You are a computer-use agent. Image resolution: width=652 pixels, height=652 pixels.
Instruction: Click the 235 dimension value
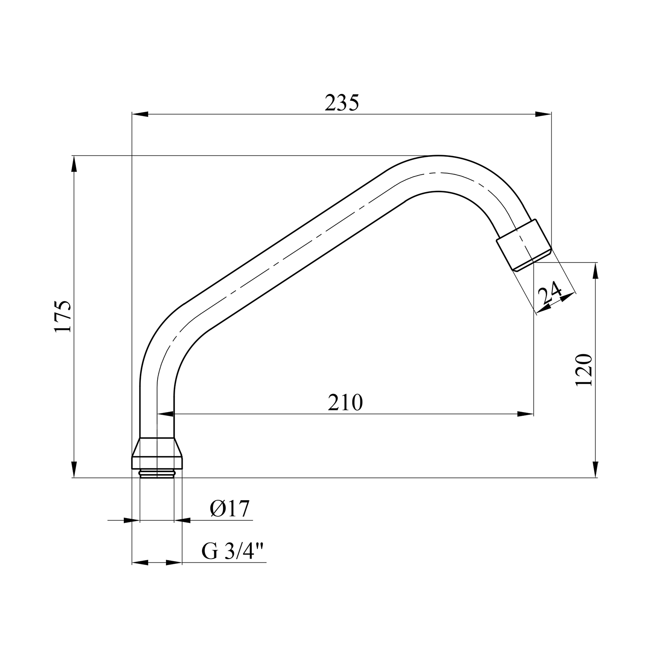click(342, 103)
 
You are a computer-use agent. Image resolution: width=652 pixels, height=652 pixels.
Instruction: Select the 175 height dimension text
click(63, 316)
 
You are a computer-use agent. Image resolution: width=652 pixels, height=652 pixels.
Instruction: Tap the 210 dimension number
click(345, 403)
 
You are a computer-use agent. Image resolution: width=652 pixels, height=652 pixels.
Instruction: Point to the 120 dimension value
click(584, 370)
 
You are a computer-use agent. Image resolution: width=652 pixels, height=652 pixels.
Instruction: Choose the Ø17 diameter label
click(230, 509)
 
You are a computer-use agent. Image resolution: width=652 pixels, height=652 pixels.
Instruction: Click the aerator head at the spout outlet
click(524, 245)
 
